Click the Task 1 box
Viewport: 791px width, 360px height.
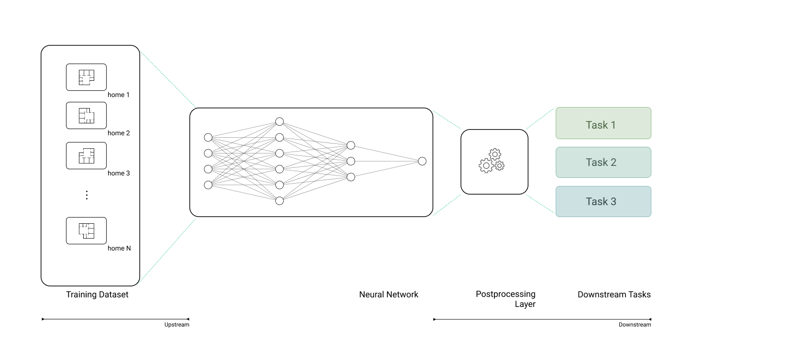(603, 123)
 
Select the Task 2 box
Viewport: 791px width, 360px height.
(603, 163)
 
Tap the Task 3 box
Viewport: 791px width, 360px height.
(603, 202)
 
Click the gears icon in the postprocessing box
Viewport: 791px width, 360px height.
(492, 161)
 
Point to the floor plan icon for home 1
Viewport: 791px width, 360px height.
(87, 77)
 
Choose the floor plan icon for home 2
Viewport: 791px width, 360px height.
(87, 115)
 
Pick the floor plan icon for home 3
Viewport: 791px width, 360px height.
(87, 156)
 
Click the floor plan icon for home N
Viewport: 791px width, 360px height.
(87, 231)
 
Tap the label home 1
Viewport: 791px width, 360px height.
(119, 95)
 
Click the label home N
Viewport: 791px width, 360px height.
(119, 248)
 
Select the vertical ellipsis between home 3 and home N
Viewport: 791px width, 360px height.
(87, 195)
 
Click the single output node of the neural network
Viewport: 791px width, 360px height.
(422, 161)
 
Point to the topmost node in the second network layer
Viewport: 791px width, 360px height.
(279, 122)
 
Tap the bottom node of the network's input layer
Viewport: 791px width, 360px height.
(208, 185)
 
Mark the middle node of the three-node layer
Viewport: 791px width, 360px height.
(351, 161)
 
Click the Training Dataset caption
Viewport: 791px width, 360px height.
(97, 295)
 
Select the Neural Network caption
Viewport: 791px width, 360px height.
(388, 295)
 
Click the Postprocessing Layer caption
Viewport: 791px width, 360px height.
(505, 299)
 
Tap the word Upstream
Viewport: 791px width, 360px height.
(176, 325)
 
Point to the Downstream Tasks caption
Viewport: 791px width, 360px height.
(614, 295)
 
